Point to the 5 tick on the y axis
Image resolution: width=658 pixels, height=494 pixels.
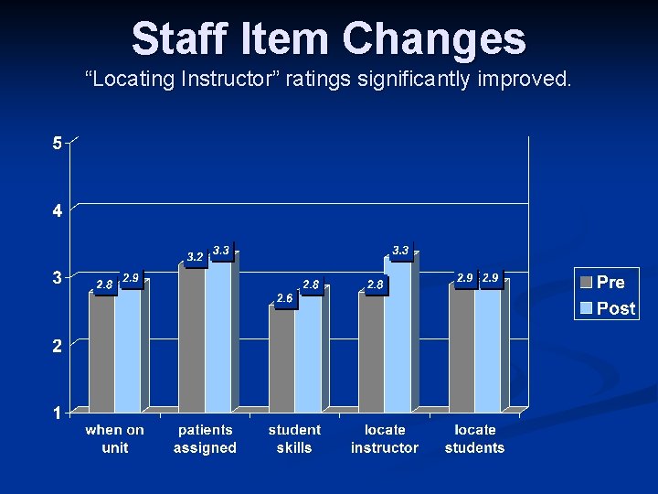click(57, 143)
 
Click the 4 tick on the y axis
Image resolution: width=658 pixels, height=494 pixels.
click(57, 210)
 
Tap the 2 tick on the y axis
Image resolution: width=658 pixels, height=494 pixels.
click(57, 346)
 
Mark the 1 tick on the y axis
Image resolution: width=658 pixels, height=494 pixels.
click(57, 413)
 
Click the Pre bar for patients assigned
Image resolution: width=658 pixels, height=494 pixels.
click(192, 338)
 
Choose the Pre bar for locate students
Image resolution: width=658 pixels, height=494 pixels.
click(462, 348)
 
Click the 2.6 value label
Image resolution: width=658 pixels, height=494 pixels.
click(285, 298)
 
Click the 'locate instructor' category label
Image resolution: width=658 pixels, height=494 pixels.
click(385, 438)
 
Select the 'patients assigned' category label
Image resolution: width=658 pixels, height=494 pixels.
click(205, 438)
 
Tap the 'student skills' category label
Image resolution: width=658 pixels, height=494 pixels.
click(294, 438)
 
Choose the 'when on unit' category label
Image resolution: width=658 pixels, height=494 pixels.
click(115, 438)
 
